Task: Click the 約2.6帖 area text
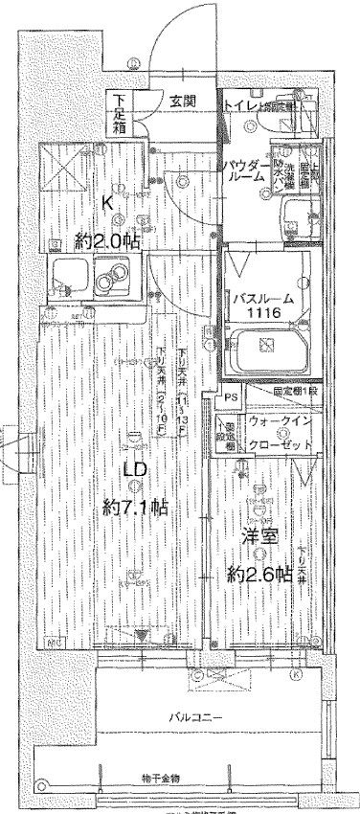(259, 575)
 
